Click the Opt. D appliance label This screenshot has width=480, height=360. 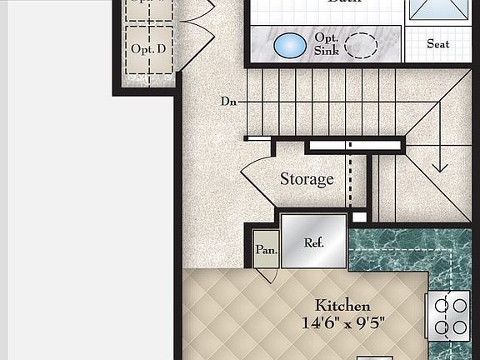[x=148, y=49]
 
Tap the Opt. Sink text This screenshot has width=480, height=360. [x=326, y=44]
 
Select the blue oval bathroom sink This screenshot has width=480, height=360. [x=289, y=44]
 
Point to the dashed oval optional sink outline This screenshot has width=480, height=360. [x=362, y=44]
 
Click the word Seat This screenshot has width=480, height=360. [x=438, y=43]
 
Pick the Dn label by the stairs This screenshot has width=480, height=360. [x=229, y=102]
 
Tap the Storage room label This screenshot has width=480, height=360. [x=307, y=179]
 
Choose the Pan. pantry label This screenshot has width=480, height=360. [x=266, y=249]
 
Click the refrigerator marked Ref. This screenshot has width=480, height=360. [x=313, y=242]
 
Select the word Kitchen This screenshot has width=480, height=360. [x=342, y=306]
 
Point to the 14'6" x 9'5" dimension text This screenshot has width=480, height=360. [x=342, y=322]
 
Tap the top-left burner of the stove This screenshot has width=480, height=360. [x=442, y=305]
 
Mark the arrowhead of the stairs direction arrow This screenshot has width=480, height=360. [x=440, y=166]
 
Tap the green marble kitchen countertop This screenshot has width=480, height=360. [x=408, y=250]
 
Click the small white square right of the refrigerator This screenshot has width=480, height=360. [x=358, y=218]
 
